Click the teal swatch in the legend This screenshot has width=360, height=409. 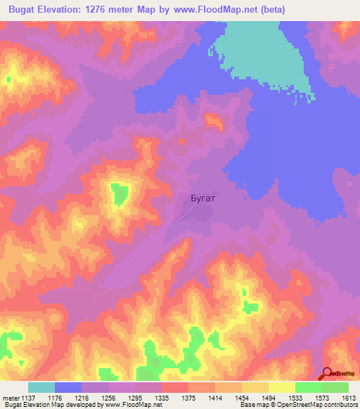coord(41,387)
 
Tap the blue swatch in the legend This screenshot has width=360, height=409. coord(68,387)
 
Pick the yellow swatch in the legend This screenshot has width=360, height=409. coord(282,387)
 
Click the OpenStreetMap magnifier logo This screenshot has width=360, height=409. coord(327,375)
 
